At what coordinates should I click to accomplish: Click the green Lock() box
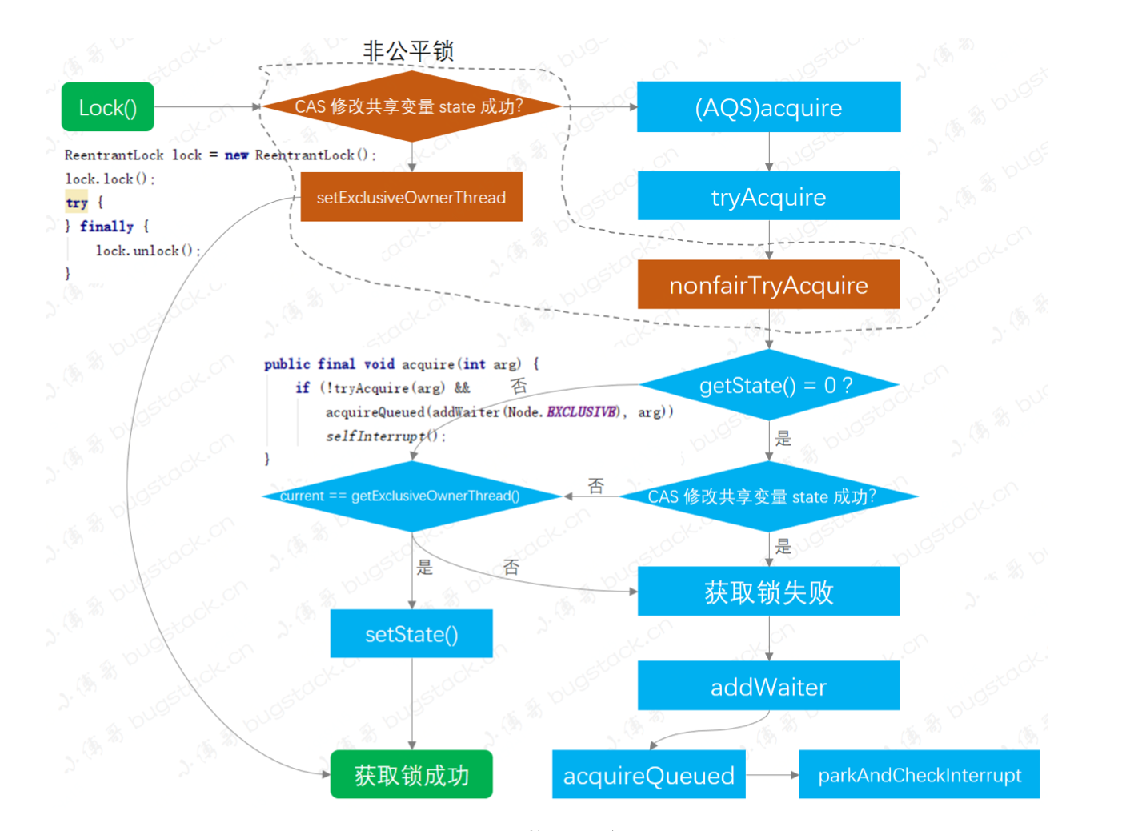pos(107,107)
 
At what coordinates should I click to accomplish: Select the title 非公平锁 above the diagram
pos(408,51)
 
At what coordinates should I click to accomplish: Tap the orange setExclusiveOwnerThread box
pos(411,197)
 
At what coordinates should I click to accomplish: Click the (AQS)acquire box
pos(768,107)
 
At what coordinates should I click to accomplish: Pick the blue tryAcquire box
pos(768,196)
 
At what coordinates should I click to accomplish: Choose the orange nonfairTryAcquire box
pos(768,285)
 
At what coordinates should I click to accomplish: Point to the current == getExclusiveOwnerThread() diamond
pos(411,496)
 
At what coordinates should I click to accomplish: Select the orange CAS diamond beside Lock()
pos(411,106)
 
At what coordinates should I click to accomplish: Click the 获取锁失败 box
pos(768,592)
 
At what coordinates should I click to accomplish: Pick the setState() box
pos(411,634)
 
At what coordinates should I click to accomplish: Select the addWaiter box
pos(768,686)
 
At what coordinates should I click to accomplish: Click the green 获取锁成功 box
pos(411,774)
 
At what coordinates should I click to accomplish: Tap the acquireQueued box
pos(648,774)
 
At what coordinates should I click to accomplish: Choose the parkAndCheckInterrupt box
pos(920,774)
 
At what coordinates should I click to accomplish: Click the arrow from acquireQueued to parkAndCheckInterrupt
pos(772,774)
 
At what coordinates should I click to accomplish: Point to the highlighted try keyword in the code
pos(77,203)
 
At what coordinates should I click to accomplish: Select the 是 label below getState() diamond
pos(783,438)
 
